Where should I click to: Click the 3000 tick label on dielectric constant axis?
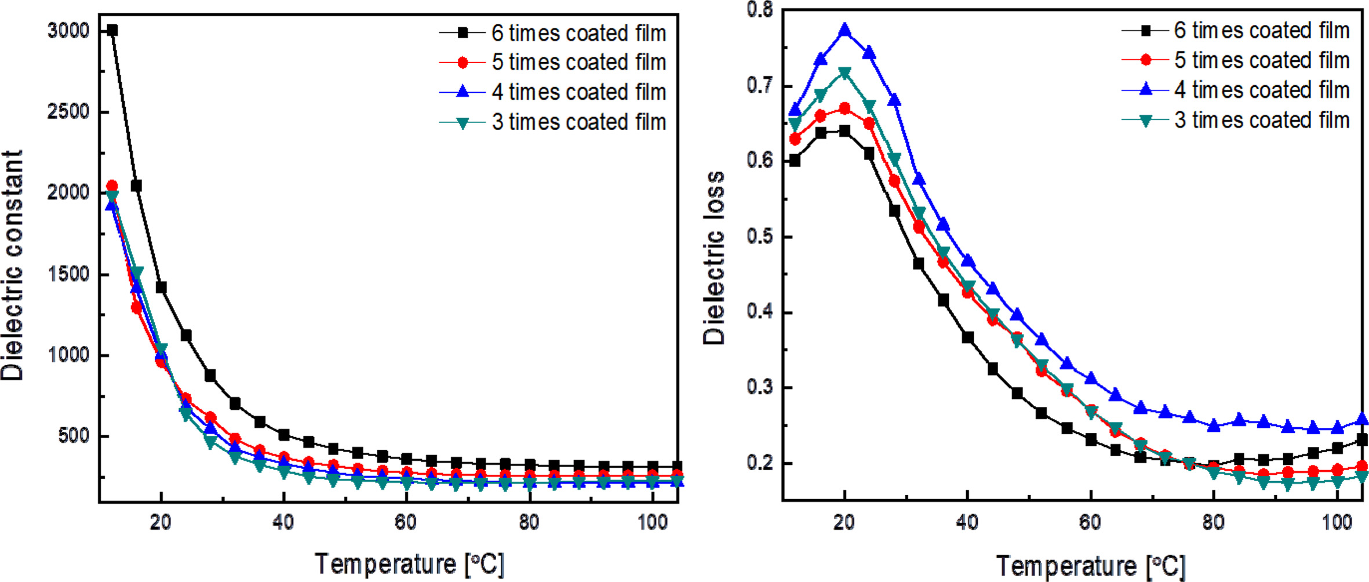coord(68,31)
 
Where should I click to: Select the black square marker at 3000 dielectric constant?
coord(112,30)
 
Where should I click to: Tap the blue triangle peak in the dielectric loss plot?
coord(844,30)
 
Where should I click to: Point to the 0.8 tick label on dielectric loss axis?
coord(759,10)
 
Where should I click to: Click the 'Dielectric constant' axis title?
coord(13,265)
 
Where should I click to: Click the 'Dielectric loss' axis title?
coord(714,258)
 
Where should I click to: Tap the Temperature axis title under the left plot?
coord(409,564)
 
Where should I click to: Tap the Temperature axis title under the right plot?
coord(1091,566)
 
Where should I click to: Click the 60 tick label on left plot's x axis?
coord(406,523)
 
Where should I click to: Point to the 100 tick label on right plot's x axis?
coord(1337,523)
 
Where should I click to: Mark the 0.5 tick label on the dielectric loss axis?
coord(759,237)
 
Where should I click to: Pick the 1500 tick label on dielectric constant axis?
coord(68,274)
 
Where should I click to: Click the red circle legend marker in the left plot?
coord(463,63)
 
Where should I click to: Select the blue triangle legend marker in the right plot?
coord(1145,89)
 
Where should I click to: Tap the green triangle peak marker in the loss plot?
coord(844,74)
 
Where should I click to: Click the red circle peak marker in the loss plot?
coord(844,108)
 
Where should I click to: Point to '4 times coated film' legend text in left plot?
coord(578,92)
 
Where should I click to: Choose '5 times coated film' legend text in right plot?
coord(1261,60)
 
